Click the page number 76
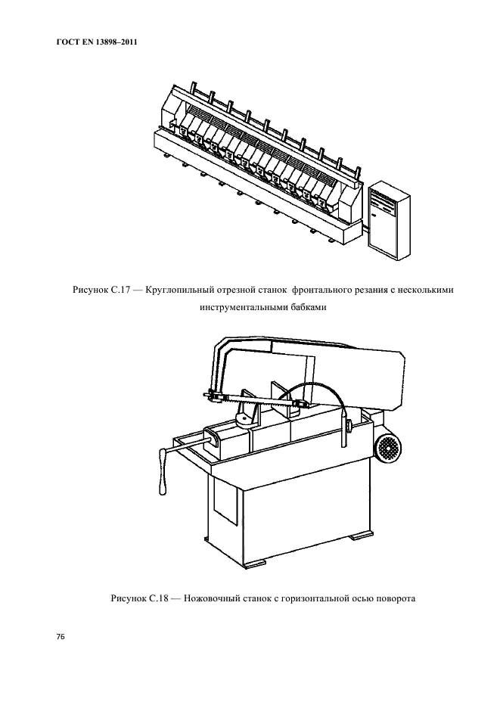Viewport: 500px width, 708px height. click(x=61, y=636)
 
